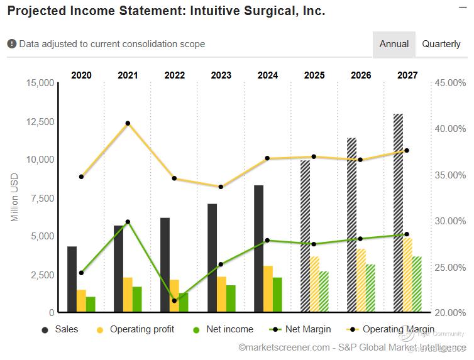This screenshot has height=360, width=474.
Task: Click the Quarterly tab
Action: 441,44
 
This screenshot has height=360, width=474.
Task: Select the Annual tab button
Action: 394,44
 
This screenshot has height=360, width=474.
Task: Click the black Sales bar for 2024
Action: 258,248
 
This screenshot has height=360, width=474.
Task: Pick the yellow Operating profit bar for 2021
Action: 128,294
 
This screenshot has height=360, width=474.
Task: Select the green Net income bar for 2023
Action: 231,298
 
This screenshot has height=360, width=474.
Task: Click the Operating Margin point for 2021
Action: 128,123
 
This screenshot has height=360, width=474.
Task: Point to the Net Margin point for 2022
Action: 174,300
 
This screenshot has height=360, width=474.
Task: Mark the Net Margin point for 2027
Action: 407,234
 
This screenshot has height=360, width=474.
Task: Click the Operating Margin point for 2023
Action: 221,187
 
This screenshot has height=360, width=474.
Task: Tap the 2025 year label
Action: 314,75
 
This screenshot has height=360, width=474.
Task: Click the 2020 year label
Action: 81,75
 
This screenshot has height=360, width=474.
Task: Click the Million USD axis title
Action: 15,198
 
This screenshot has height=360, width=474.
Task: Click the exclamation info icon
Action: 12,44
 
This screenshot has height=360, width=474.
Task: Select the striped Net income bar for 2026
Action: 370,288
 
